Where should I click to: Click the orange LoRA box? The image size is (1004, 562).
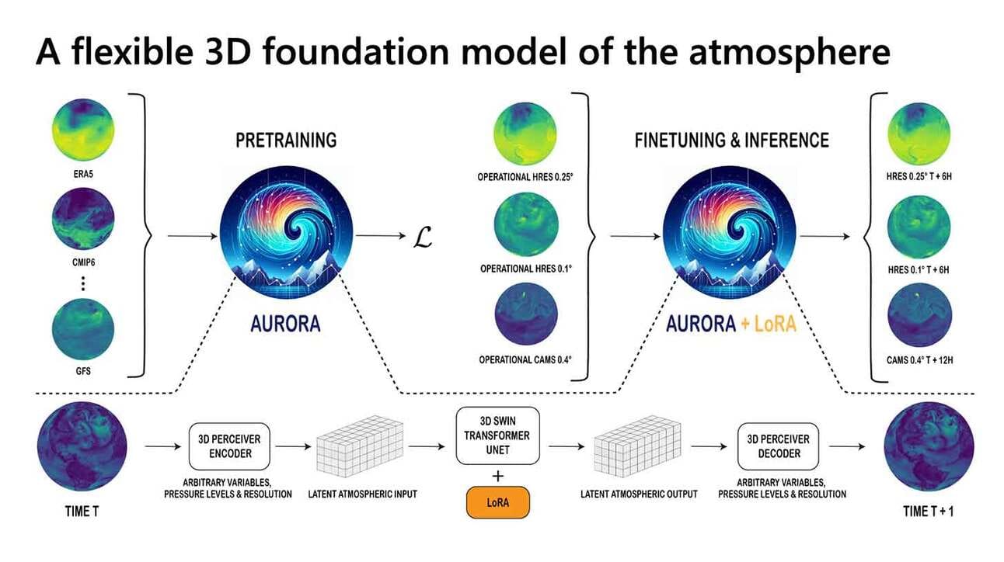[x=498, y=503]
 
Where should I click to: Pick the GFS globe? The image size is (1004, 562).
[x=83, y=329]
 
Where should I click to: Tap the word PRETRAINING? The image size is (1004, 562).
[x=287, y=140]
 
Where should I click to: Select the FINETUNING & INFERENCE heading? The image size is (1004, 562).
[x=731, y=140]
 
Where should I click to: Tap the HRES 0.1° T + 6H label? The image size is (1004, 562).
[x=918, y=269]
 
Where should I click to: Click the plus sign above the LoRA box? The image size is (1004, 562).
[x=498, y=475]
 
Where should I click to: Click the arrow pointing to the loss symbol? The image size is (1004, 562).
[x=378, y=235]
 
